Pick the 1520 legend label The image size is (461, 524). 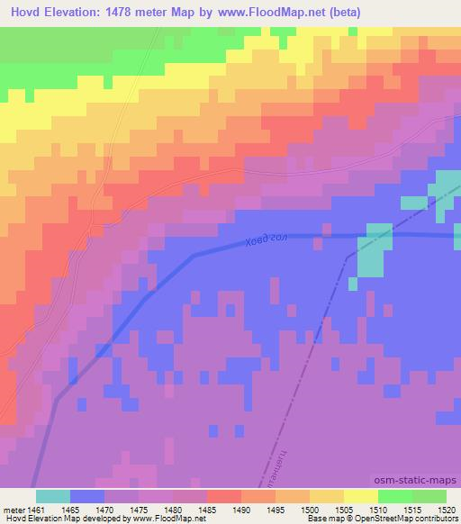click(447, 510)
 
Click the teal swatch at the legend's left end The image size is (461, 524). click(53, 496)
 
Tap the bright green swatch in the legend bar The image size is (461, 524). click(395, 496)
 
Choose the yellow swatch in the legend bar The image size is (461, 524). click(361, 496)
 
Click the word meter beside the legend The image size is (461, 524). click(15, 510)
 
